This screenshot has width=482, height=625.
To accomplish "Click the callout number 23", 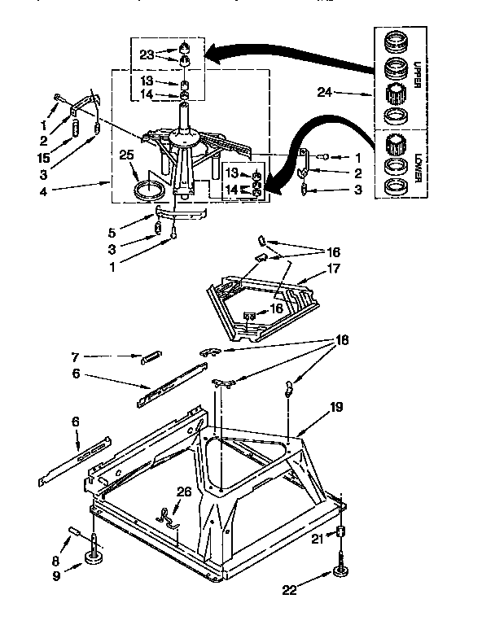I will click(147, 55).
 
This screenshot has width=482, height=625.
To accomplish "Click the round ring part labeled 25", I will click(147, 192).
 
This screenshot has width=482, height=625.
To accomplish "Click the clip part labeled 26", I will click(168, 517).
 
